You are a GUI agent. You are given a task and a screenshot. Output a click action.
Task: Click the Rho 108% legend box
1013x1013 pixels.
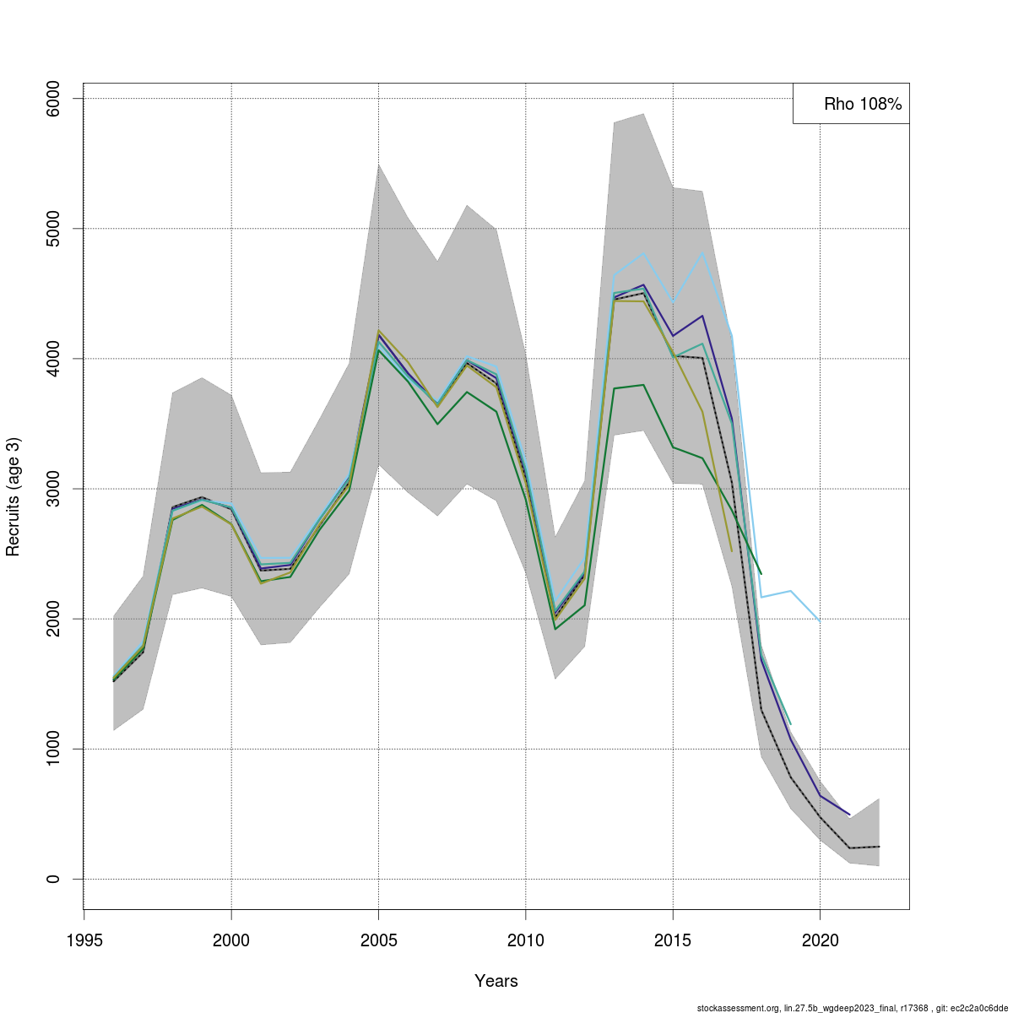pyautogui.click(x=851, y=104)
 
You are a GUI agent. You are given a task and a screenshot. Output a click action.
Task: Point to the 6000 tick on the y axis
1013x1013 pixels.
pyautogui.click(x=53, y=99)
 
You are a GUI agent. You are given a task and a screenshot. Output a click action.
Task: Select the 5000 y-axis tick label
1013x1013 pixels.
pyautogui.click(x=53, y=229)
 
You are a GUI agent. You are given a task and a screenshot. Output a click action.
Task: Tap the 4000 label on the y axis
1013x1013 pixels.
pyautogui.click(x=53, y=359)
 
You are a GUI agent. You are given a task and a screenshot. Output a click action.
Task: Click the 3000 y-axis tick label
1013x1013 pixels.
pyautogui.click(x=53, y=489)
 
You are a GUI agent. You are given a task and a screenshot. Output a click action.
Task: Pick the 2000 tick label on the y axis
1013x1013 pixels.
pyautogui.click(x=53, y=619)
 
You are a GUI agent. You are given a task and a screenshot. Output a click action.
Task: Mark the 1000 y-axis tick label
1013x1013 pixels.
pyautogui.click(x=53, y=749)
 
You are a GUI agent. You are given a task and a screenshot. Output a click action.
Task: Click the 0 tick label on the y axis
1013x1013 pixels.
pyautogui.click(x=53, y=879)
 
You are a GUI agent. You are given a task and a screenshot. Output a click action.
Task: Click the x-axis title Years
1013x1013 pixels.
pyautogui.click(x=496, y=981)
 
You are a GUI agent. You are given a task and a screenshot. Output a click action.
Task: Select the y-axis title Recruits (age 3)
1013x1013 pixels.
pyautogui.click(x=13, y=496)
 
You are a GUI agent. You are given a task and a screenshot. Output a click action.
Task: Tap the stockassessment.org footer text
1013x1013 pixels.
pyautogui.click(x=852, y=1008)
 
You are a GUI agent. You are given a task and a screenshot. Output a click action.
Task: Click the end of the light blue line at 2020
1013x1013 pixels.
pyautogui.click(x=820, y=622)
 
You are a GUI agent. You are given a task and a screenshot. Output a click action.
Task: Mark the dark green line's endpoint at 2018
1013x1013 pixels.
pyautogui.click(x=761, y=574)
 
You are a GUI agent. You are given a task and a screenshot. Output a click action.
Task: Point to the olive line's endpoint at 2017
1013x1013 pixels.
pyautogui.click(x=732, y=551)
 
